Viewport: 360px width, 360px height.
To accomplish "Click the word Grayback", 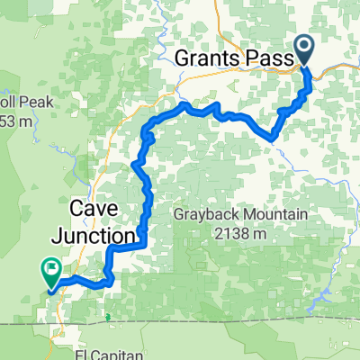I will (204, 216).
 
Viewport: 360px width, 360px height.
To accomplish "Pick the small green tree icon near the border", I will (107, 316).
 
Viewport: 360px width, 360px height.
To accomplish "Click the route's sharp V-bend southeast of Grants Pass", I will (271, 138).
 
